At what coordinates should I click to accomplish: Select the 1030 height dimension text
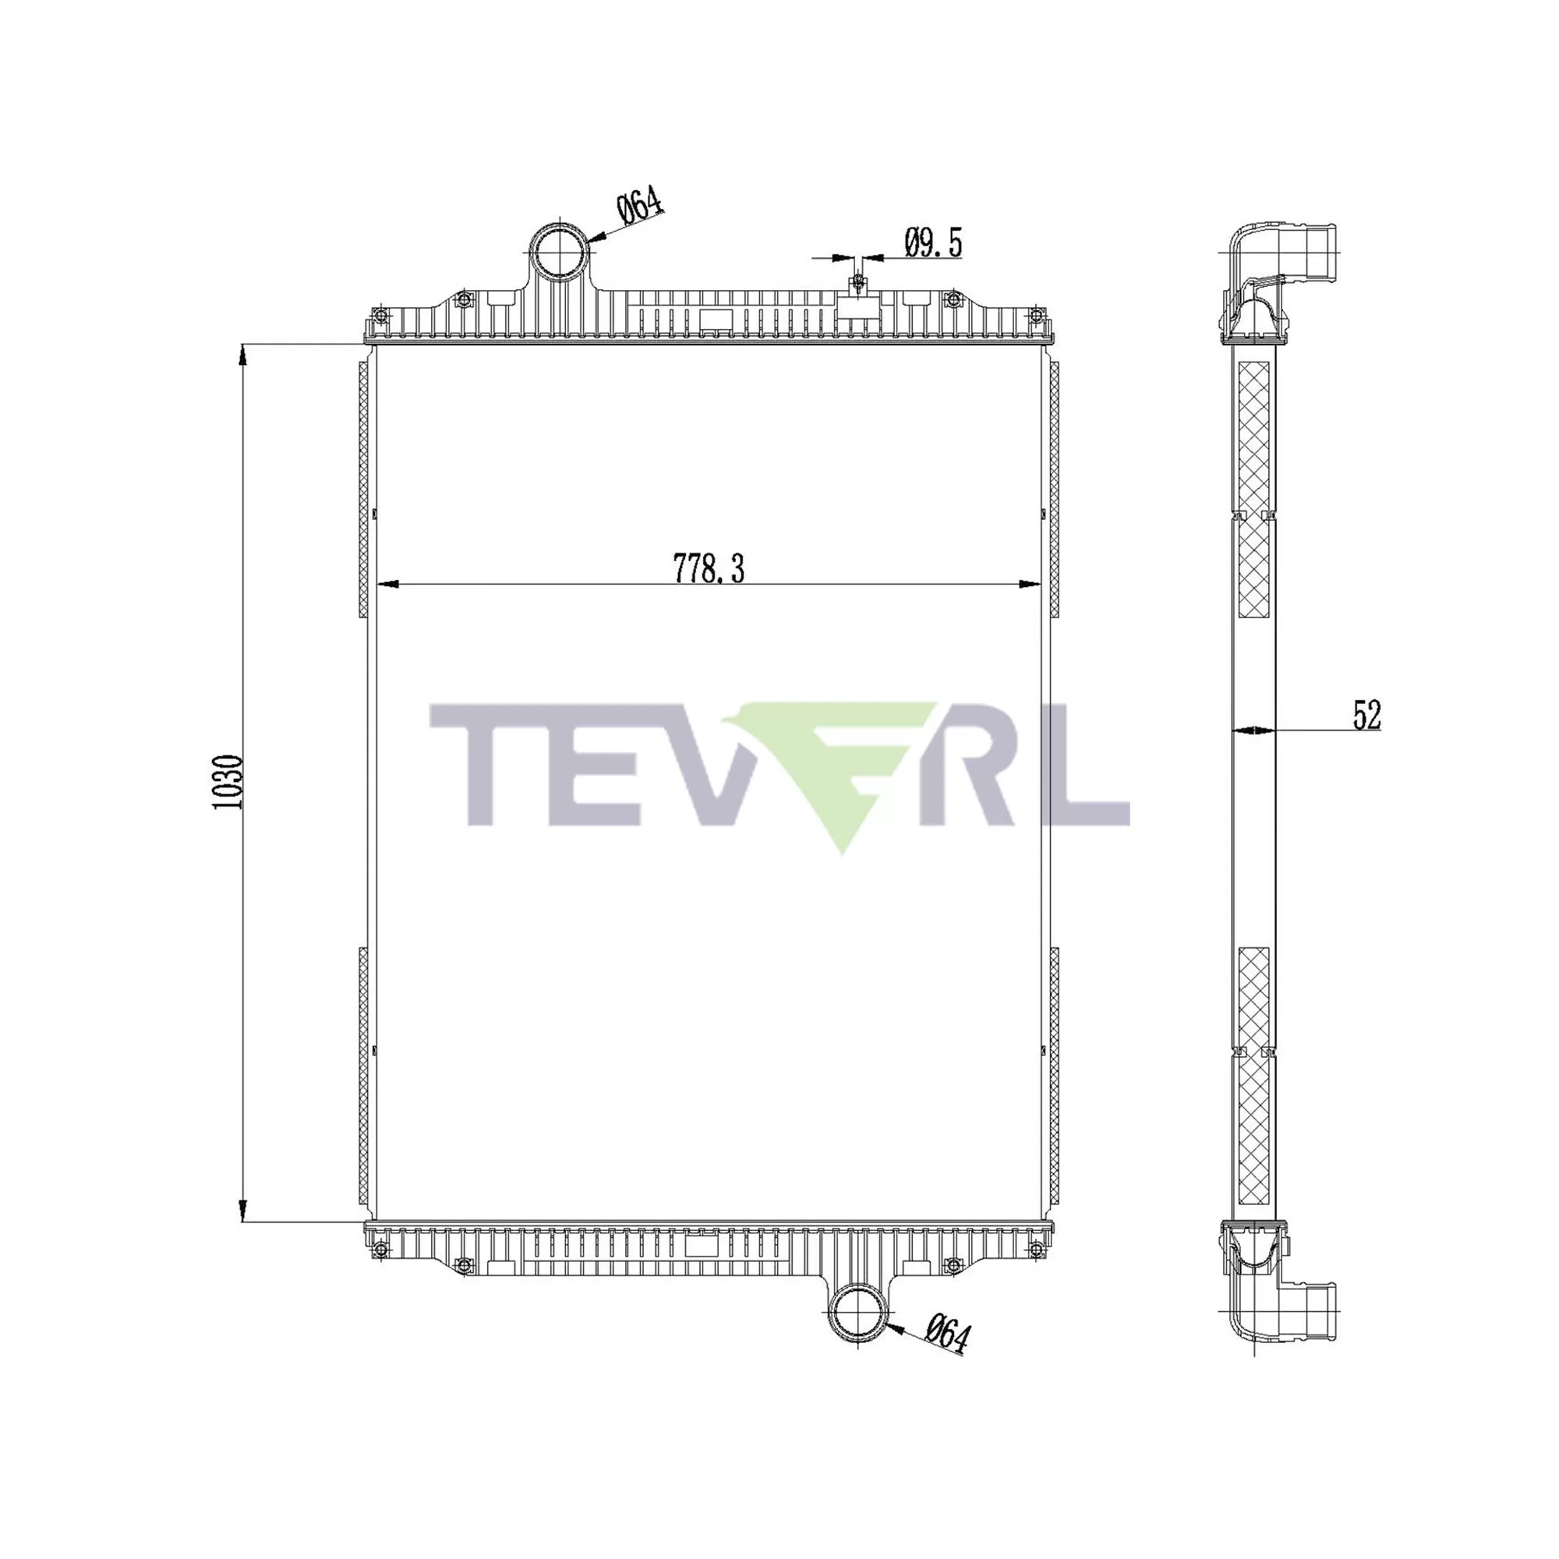(x=228, y=783)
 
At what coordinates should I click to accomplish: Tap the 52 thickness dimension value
(x=1367, y=715)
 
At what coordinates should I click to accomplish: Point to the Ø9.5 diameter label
(x=934, y=242)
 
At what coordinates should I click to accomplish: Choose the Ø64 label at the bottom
(x=946, y=1333)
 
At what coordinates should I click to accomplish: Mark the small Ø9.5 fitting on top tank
(x=857, y=282)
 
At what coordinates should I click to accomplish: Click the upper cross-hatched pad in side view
(x=1253, y=436)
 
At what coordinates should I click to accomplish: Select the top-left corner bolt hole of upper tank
(x=380, y=316)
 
